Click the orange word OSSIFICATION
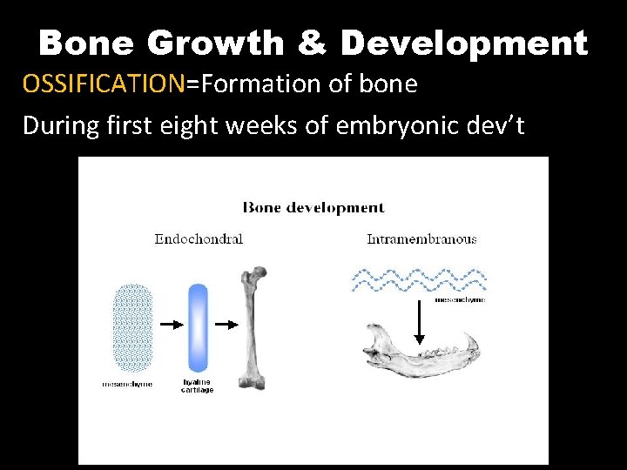(104, 84)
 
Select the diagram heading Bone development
(313, 208)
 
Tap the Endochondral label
(199, 238)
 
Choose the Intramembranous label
(421, 238)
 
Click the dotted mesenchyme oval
(133, 327)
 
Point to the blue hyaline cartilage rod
(198, 327)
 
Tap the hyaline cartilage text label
(198, 387)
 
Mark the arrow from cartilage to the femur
(226, 325)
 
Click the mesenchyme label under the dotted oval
(127, 384)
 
